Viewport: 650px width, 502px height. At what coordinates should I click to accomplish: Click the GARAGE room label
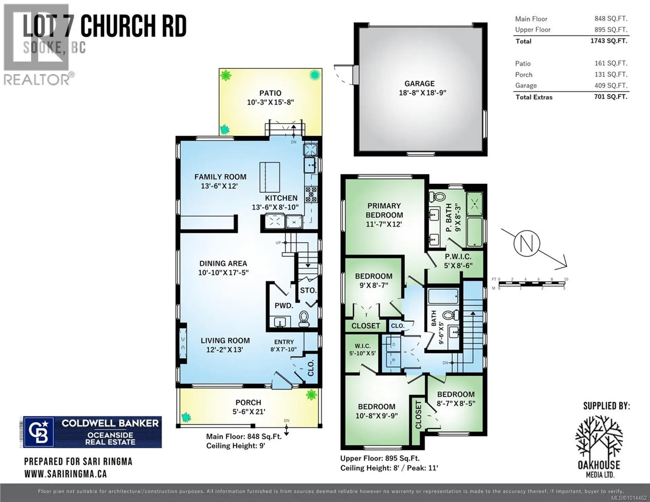click(419, 84)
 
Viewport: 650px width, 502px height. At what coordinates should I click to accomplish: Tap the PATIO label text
click(270, 93)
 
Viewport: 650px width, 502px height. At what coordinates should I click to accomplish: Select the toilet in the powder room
click(303, 318)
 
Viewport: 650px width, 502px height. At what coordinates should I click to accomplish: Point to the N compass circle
click(527, 244)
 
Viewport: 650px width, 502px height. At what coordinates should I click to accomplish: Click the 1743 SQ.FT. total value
click(609, 41)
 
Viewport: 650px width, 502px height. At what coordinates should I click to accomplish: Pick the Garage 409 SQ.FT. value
click(611, 86)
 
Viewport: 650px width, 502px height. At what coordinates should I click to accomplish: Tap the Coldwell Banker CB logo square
click(38, 432)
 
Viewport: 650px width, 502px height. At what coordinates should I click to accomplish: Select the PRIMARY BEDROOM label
click(384, 210)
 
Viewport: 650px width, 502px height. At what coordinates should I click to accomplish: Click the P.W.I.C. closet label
click(458, 257)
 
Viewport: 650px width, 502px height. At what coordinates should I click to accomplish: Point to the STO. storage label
click(308, 290)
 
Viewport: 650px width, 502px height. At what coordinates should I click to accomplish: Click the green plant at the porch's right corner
click(311, 394)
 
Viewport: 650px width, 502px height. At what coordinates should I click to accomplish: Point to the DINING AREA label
click(223, 264)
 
